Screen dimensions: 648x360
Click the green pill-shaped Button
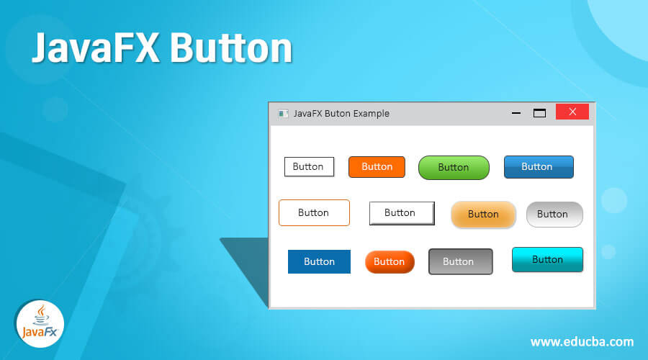[454, 167]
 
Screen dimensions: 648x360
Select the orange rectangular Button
[377, 167]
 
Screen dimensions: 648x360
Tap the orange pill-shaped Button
[390, 262]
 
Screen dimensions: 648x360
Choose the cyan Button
[548, 260]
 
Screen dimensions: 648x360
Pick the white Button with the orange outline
[314, 213]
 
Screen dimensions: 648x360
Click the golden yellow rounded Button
[484, 215]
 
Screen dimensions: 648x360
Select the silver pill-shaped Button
[554, 215]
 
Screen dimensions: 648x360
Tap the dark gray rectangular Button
[461, 261]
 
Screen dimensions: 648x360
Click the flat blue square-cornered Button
[319, 261]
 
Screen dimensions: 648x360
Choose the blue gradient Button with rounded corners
[539, 167]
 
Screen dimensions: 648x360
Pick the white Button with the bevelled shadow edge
[402, 213]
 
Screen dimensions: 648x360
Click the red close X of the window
[572, 112]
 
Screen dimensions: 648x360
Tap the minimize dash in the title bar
[516, 113]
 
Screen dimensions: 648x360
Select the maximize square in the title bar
[540, 113]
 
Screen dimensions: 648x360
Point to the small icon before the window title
[283, 114]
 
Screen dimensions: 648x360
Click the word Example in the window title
[371, 114]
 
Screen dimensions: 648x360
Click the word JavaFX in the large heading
[96, 48]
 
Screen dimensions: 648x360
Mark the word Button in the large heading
[231, 48]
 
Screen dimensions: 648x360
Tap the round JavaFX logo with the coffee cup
[40, 323]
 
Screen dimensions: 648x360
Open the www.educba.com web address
[582, 342]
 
